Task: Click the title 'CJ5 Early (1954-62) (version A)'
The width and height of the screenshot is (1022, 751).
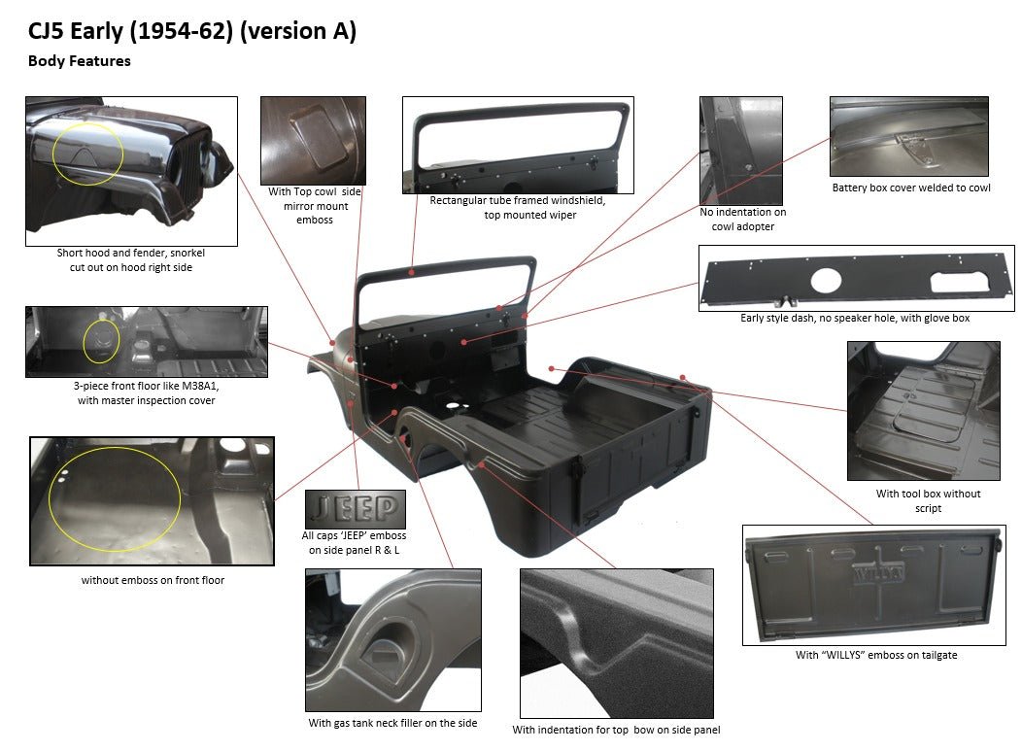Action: coord(192,32)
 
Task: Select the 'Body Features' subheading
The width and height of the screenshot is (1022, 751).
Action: coord(80,61)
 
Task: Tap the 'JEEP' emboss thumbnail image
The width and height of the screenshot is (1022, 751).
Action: coord(355,509)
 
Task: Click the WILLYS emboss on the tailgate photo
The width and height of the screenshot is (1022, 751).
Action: coord(878,571)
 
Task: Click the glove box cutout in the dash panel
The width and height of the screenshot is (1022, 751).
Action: coord(961,281)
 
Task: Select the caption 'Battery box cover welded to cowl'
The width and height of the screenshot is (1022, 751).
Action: coord(910,188)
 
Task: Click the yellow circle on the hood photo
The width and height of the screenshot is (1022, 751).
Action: coord(88,153)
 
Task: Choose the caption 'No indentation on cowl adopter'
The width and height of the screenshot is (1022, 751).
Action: coord(743,220)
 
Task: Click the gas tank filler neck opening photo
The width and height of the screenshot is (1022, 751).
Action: coord(393,641)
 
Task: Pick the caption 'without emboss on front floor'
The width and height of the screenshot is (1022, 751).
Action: coord(153,581)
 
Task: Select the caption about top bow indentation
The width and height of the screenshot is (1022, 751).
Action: coord(616,731)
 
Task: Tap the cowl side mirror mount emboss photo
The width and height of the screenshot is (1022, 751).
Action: coord(313,140)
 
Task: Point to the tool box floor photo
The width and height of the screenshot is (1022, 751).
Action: coord(923,410)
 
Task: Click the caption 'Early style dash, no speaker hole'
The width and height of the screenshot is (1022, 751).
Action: coord(854,319)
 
